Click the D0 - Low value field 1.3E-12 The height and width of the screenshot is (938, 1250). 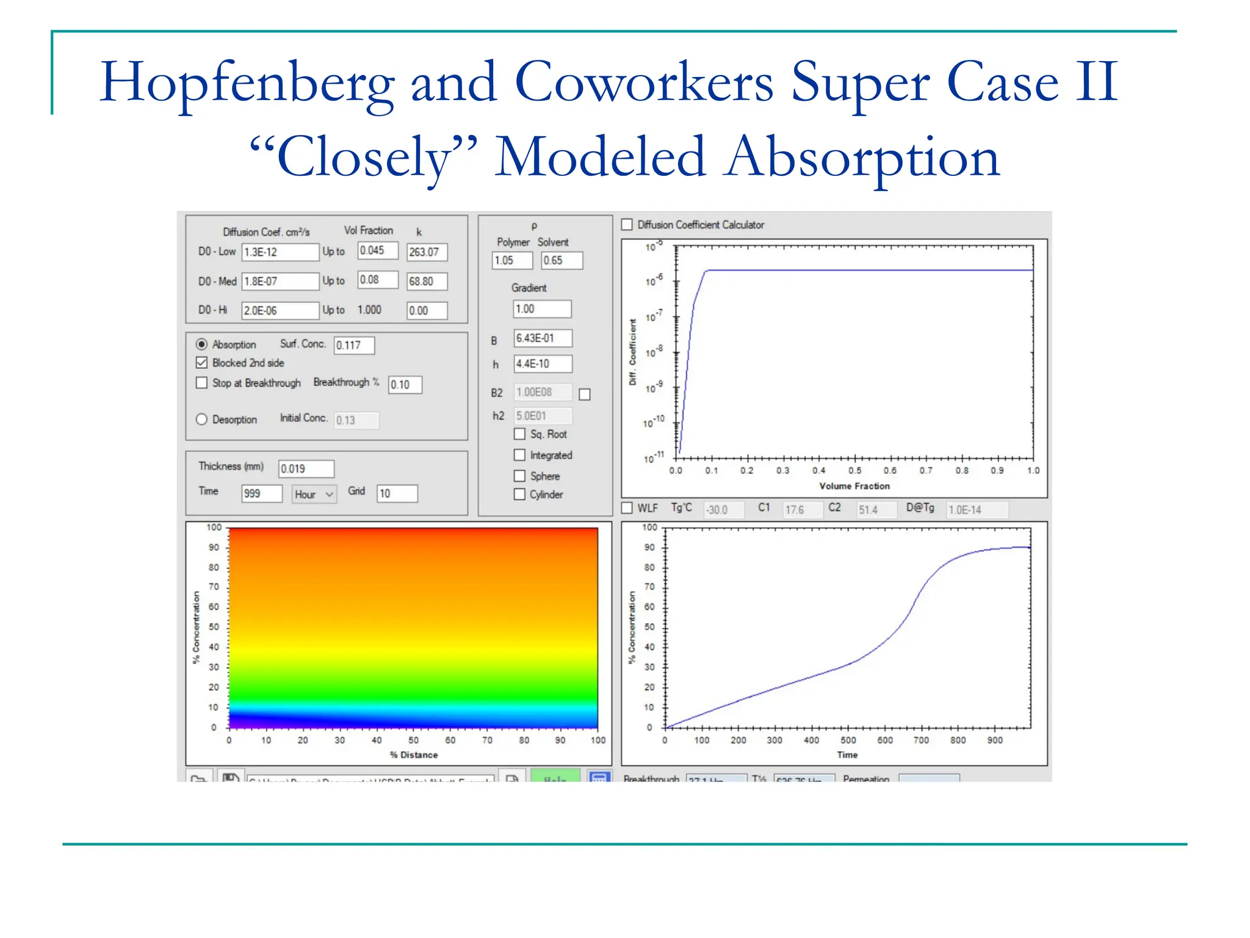click(x=280, y=252)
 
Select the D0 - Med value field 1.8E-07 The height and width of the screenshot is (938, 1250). click(x=280, y=281)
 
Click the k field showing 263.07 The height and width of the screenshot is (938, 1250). click(x=427, y=252)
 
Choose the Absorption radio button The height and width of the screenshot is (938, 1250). click(x=202, y=344)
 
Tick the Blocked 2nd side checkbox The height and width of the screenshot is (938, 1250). click(x=202, y=363)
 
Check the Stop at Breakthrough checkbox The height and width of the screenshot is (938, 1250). click(x=202, y=383)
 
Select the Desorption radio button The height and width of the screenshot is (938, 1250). click(x=202, y=420)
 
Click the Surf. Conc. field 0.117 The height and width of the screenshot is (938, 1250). click(x=354, y=345)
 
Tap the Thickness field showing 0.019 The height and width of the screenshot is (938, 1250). click(x=306, y=468)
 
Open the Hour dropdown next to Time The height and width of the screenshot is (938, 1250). click(x=314, y=494)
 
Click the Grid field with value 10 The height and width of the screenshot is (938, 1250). click(x=397, y=493)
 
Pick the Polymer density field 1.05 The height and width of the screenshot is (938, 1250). click(x=512, y=260)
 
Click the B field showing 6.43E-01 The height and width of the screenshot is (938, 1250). click(x=542, y=338)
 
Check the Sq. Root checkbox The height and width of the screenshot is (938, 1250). click(x=520, y=434)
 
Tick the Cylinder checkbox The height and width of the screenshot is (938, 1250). click(x=520, y=494)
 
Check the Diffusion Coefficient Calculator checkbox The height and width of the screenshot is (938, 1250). click(x=627, y=225)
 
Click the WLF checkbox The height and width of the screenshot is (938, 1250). click(x=627, y=508)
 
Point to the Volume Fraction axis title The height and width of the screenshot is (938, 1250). click(x=854, y=486)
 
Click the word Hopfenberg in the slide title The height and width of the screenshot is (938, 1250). click(x=247, y=82)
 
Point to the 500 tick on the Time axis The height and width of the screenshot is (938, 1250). click(x=848, y=740)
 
